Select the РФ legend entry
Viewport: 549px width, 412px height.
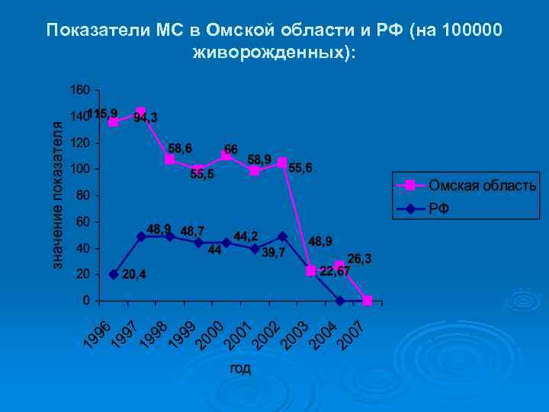coord(438,208)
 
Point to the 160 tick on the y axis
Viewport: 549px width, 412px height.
coord(79,90)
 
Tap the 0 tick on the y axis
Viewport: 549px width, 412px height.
coord(86,300)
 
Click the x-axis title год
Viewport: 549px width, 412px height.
coord(240,369)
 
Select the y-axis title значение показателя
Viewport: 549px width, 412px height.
coord(57,195)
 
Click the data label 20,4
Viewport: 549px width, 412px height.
coord(135,274)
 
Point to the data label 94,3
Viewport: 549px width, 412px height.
coord(146,117)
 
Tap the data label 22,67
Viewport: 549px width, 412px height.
coord(335,271)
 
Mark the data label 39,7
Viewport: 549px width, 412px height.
coord(274,253)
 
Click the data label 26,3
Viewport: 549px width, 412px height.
coord(359,259)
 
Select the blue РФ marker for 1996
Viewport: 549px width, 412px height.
coord(114,274)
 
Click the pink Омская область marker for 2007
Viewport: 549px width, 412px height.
coord(367,301)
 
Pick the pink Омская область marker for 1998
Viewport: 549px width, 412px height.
coord(170,159)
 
